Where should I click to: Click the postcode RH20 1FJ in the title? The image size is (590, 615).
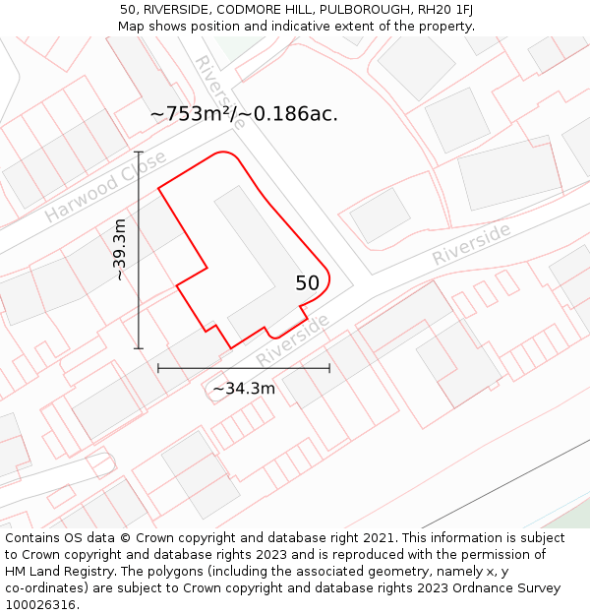click(x=440, y=10)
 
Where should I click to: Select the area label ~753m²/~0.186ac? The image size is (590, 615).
click(x=244, y=114)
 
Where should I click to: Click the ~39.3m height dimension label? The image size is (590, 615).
click(x=119, y=250)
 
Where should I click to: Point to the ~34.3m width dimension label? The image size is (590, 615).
click(x=244, y=389)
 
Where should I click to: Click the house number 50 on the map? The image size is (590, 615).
click(x=308, y=283)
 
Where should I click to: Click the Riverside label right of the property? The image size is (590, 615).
click(x=472, y=243)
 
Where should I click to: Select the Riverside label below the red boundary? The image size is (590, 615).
click(x=293, y=340)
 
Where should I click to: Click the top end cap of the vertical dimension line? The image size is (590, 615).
click(x=139, y=153)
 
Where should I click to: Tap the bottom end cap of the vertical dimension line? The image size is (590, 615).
click(x=139, y=348)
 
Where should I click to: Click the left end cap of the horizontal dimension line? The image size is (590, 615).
click(x=158, y=368)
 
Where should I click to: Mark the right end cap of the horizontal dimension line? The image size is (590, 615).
click(x=329, y=368)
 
